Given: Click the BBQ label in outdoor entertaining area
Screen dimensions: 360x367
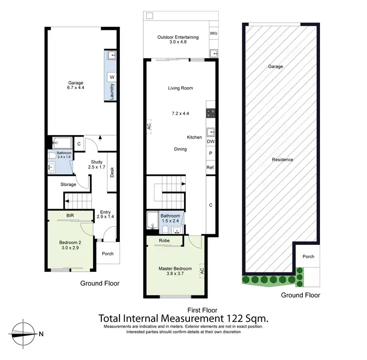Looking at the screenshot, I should [213, 33].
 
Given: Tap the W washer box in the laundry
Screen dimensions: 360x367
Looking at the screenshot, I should [112, 77].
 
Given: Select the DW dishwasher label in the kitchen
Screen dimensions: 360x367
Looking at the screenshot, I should [211, 142].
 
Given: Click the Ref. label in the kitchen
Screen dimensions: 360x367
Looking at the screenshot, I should [211, 168].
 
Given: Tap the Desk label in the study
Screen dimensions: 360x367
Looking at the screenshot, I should [112, 172].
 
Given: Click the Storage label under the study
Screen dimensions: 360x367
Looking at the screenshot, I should [68, 185].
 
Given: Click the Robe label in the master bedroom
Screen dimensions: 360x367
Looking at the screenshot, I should [164, 240].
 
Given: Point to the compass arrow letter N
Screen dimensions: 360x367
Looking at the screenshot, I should [42, 335].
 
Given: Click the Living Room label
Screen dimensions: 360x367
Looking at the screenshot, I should [181, 88].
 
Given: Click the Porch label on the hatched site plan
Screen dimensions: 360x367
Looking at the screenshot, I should [308, 257].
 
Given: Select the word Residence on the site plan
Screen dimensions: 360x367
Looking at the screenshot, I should [282, 160].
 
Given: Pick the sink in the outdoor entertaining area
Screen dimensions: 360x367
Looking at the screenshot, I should [213, 53].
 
